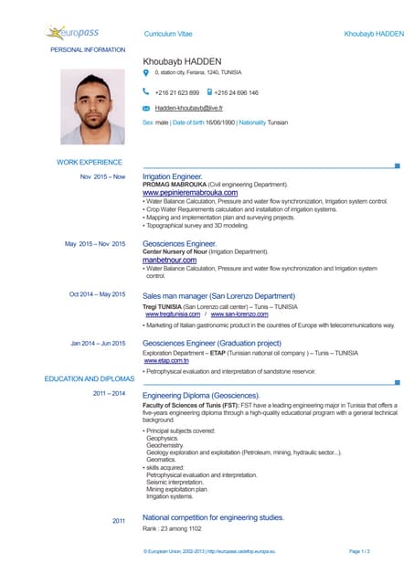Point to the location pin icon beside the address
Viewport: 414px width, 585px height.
pyautogui.click(x=146, y=71)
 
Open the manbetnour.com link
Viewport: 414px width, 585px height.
pyautogui.click(x=170, y=261)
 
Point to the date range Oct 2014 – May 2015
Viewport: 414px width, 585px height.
pyautogui.click(x=98, y=294)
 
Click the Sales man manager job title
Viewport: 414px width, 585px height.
pyautogui.click(x=219, y=296)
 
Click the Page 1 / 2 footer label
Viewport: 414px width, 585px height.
pyautogui.click(x=359, y=552)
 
